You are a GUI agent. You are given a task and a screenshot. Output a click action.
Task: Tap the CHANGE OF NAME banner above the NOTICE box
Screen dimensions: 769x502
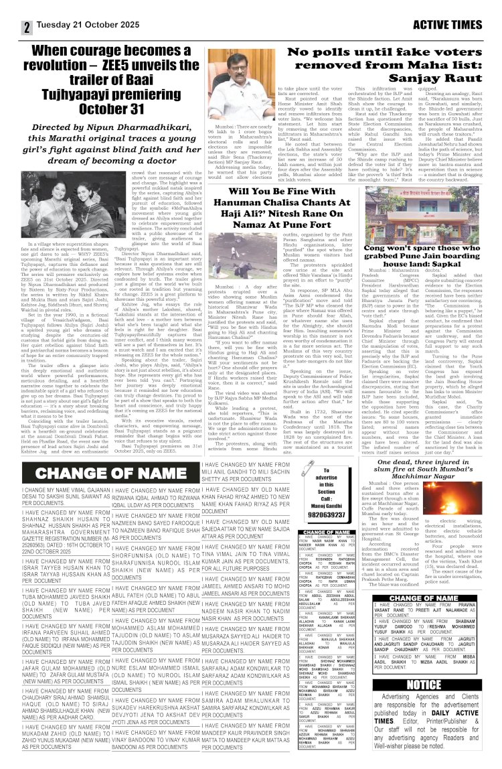(x=424, y=598)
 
